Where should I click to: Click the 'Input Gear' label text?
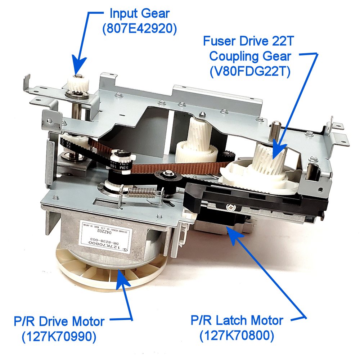click(x=139, y=14)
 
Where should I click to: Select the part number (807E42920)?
click(x=139, y=29)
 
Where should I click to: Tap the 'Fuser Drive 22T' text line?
click(x=249, y=41)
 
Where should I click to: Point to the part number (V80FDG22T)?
click(x=248, y=71)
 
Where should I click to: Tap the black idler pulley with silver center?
click(x=168, y=176)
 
